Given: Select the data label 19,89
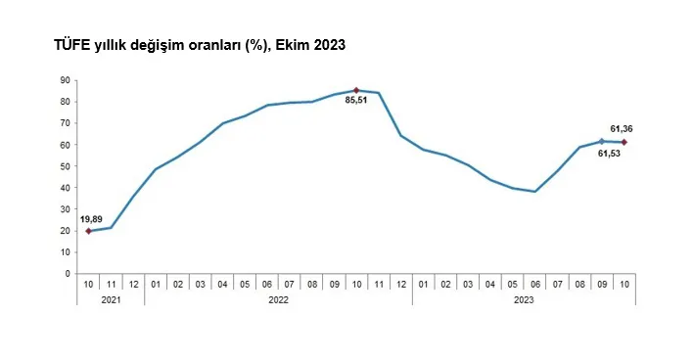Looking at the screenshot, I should [x=89, y=219].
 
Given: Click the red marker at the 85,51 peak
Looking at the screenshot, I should [x=356, y=90].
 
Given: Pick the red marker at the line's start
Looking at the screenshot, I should [x=89, y=231].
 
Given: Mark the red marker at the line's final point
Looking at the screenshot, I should [x=624, y=143].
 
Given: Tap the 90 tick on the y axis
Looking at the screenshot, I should [x=65, y=80].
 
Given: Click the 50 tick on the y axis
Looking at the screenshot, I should [x=65, y=166].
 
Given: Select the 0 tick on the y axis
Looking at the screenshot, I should [x=68, y=273].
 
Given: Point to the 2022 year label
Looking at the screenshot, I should [x=278, y=299].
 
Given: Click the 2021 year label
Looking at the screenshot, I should [x=111, y=299].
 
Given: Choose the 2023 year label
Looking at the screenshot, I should [x=524, y=299].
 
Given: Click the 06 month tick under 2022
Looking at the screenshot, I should [x=267, y=284].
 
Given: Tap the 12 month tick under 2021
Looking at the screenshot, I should [x=133, y=284].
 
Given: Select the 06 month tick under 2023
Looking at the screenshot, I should [x=534, y=284].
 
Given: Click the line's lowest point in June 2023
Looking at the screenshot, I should [x=534, y=192].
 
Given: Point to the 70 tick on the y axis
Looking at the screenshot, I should [x=65, y=123].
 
